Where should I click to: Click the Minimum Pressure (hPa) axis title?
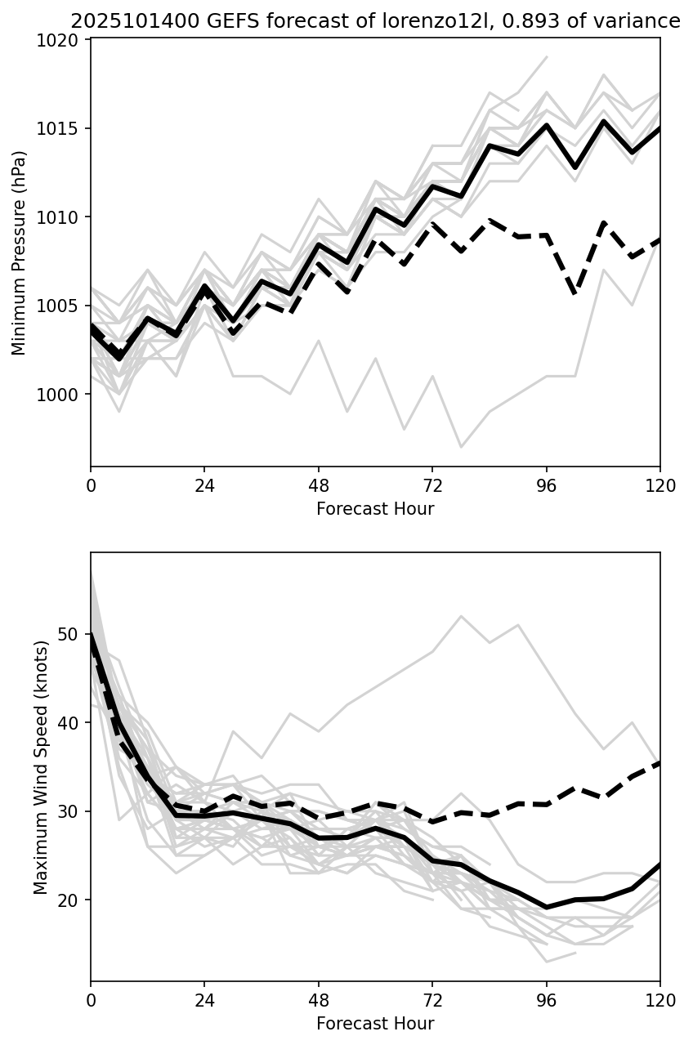pos(20,252)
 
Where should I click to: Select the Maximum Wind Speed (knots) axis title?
pos(42,766)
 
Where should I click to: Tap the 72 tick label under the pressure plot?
pos(432,486)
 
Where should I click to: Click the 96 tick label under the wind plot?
pos(546,1000)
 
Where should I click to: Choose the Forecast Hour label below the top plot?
pos(375,509)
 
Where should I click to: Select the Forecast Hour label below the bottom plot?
pos(375,1023)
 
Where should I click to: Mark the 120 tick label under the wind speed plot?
pos(660,1000)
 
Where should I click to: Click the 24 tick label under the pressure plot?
pos(204,486)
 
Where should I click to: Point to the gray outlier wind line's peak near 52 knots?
pos(461,616)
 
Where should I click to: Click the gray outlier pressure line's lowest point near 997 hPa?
pos(461,447)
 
